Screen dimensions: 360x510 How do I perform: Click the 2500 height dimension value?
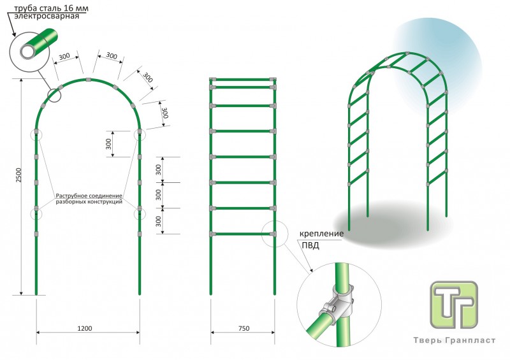pos(18,176)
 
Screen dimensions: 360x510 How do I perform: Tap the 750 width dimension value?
pos(243,328)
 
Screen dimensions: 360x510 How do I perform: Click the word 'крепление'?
pos(323,234)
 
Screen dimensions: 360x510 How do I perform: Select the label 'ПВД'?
pos(310,245)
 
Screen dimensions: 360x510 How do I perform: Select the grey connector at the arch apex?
pos(88,80)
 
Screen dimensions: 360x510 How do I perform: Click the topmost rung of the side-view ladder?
pos(243,80)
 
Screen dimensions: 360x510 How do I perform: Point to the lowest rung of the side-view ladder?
pos(243,234)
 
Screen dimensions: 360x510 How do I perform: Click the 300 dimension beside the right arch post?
pos(109,144)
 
